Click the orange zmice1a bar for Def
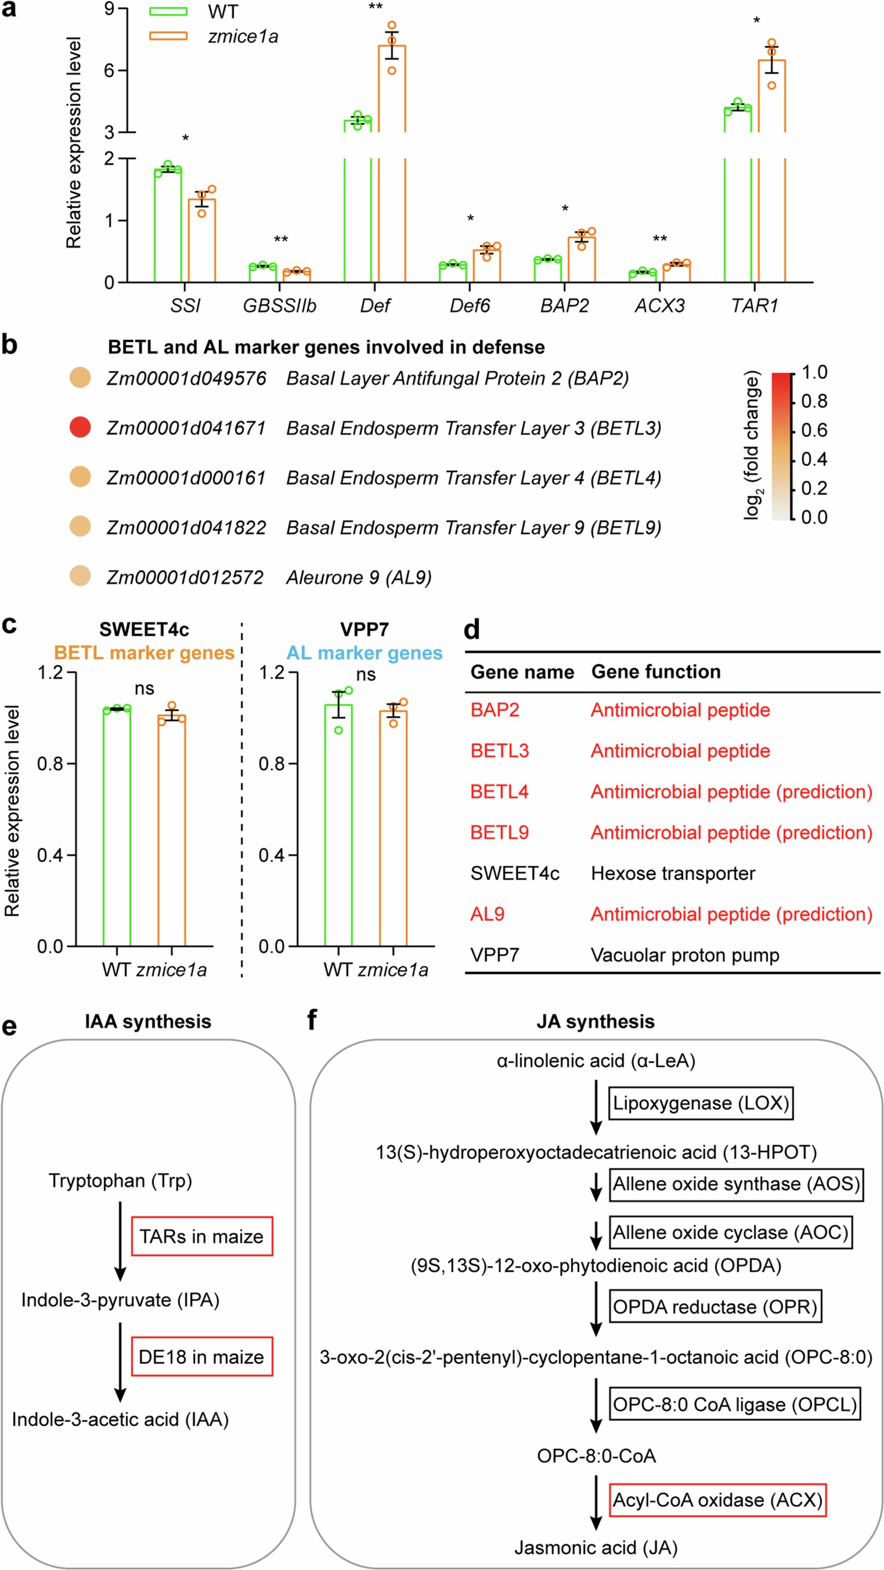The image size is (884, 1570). click(x=392, y=164)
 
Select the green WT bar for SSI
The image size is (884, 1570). click(x=168, y=225)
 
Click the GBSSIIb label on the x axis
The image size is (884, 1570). click(x=280, y=306)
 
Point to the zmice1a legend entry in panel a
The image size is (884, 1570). click(x=243, y=37)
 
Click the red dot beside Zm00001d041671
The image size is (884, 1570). click(x=81, y=427)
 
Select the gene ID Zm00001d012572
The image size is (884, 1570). click(x=185, y=577)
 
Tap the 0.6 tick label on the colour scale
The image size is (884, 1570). click(x=814, y=430)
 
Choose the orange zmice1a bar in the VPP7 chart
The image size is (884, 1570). click(x=394, y=828)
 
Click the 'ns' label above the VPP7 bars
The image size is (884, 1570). click(x=366, y=675)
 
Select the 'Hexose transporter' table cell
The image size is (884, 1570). click(x=673, y=874)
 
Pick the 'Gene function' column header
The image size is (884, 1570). click(x=655, y=671)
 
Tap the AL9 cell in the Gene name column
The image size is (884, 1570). click(x=488, y=914)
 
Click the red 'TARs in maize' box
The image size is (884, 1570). click(x=201, y=1237)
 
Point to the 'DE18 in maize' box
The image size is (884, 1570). click(x=201, y=1357)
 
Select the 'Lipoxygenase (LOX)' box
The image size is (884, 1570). click(x=701, y=1103)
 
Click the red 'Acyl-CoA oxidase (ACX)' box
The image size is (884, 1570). click(x=717, y=1500)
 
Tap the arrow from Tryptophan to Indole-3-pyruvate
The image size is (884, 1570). click(x=121, y=1241)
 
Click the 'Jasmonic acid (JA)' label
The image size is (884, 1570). click(x=596, y=1547)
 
